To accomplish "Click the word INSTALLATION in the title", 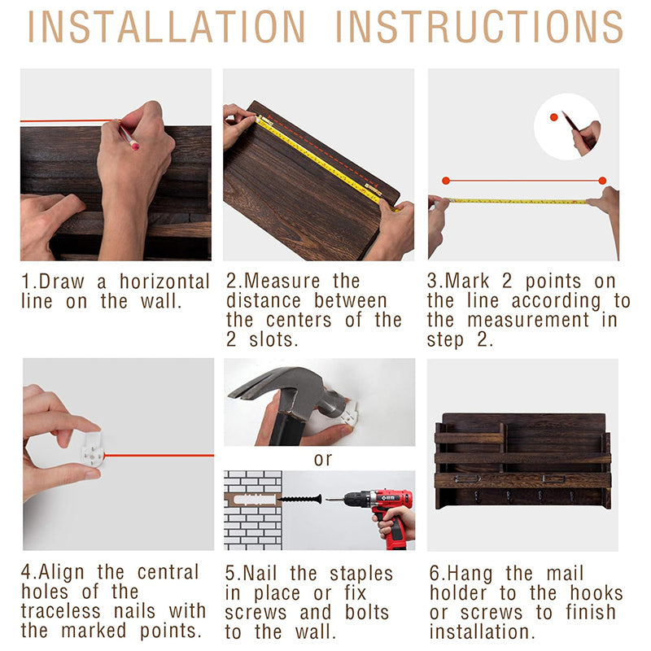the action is [166, 27].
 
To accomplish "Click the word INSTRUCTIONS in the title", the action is [479, 27].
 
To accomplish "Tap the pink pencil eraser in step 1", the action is [134, 146].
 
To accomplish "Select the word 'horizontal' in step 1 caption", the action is [164, 282].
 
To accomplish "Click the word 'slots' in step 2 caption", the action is [273, 340].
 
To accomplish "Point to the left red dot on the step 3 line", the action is [446, 181].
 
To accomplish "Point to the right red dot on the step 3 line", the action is [602, 181].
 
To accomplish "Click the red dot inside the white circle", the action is [553, 117].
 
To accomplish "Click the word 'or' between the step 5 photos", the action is [323, 459].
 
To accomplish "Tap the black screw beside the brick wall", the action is [299, 499].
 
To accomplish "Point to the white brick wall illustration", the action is [253, 510].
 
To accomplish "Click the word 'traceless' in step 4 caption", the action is [61, 611].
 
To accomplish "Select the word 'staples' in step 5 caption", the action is [361, 575].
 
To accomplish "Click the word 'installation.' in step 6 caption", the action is [482, 631].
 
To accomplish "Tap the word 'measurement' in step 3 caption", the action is [528, 320].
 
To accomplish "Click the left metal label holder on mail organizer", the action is [467, 478].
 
